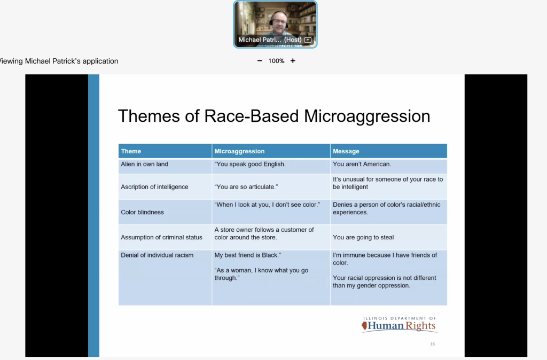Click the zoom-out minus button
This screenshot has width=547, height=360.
click(x=260, y=61)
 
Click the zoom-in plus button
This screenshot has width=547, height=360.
click(x=293, y=61)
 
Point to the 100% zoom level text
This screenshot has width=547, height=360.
click(x=276, y=61)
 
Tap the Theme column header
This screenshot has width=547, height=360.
click(x=131, y=151)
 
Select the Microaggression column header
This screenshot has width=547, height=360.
click(x=239, y=151)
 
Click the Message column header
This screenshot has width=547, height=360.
click(x=346, y=151)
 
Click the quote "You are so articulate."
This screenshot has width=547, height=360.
click(x=246, y=187)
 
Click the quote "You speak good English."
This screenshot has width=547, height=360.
click(x=250, y=164)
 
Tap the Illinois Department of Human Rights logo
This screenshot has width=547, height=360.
click(x=400, y=324)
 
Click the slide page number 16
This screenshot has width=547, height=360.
click(x=433, y=344)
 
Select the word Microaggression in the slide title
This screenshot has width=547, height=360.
click(x=367, y=116)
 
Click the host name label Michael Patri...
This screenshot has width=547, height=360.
click(x=260, y=40)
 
